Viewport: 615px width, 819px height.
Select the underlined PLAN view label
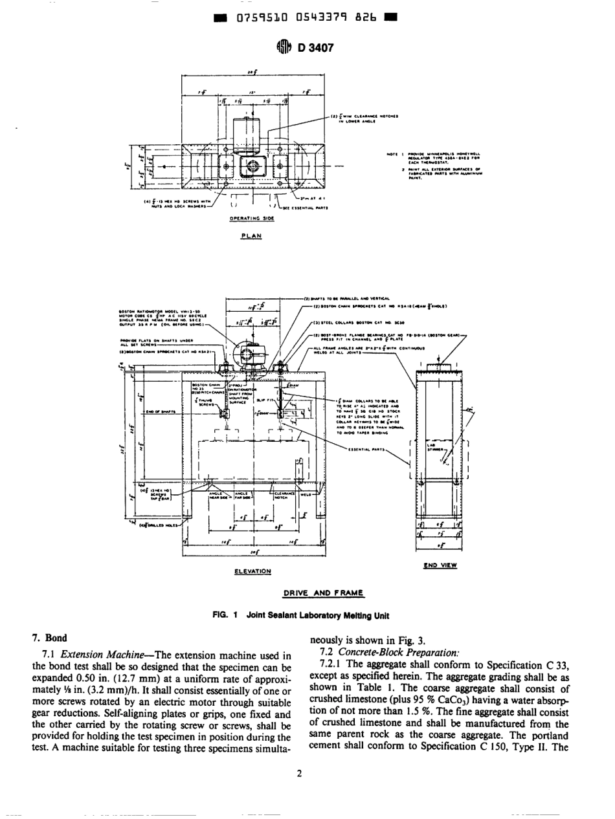pos(249,236)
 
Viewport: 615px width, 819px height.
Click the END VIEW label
pos(440,565)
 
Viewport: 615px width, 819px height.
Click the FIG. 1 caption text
pos(307,615)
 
